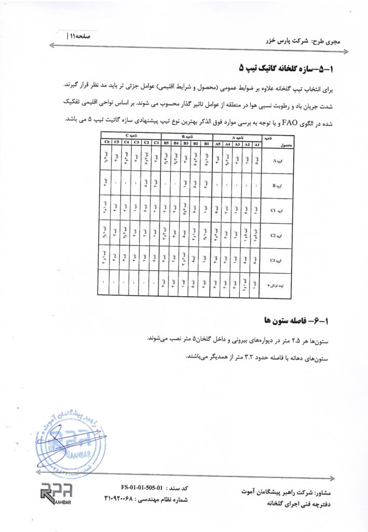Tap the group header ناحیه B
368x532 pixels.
pyautogui.click(x=187, y=137)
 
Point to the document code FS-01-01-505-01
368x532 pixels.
pyautogui.click(x=142, y=488)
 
